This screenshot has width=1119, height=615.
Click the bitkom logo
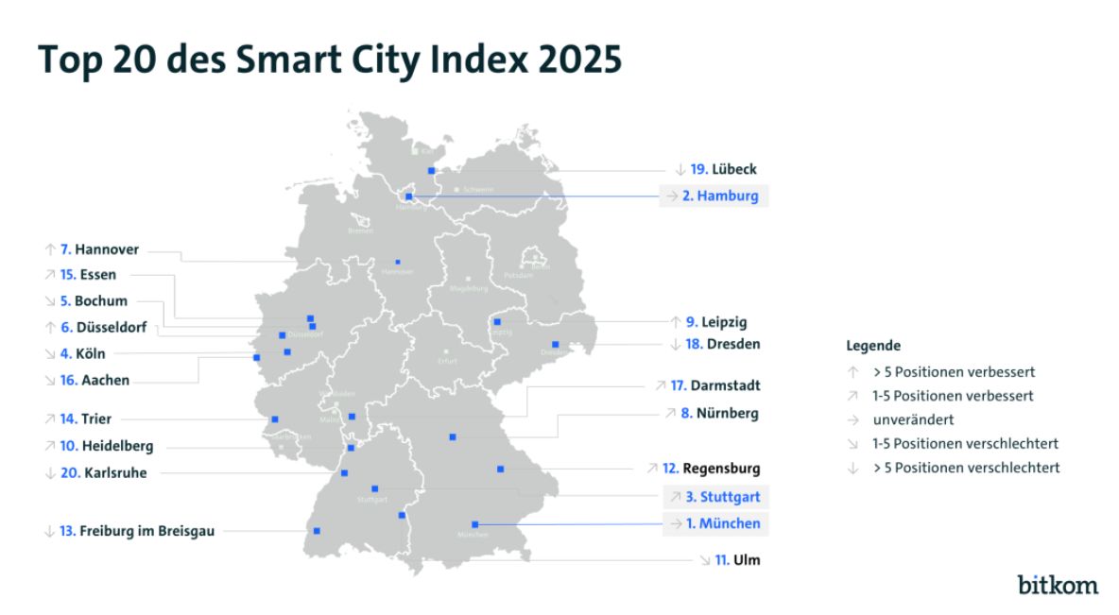[1058, 584]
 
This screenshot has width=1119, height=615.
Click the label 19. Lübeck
[723, 170]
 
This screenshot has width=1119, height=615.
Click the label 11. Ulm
[737, 560]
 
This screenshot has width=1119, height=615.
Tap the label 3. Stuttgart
[724, 497]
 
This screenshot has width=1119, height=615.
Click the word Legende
[873, 347]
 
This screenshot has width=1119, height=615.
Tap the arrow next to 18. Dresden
[675, 345]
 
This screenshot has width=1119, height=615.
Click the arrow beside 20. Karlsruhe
[49, 473]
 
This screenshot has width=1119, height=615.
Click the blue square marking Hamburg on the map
[408, 196]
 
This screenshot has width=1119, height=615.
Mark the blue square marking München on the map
[474, 523]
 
